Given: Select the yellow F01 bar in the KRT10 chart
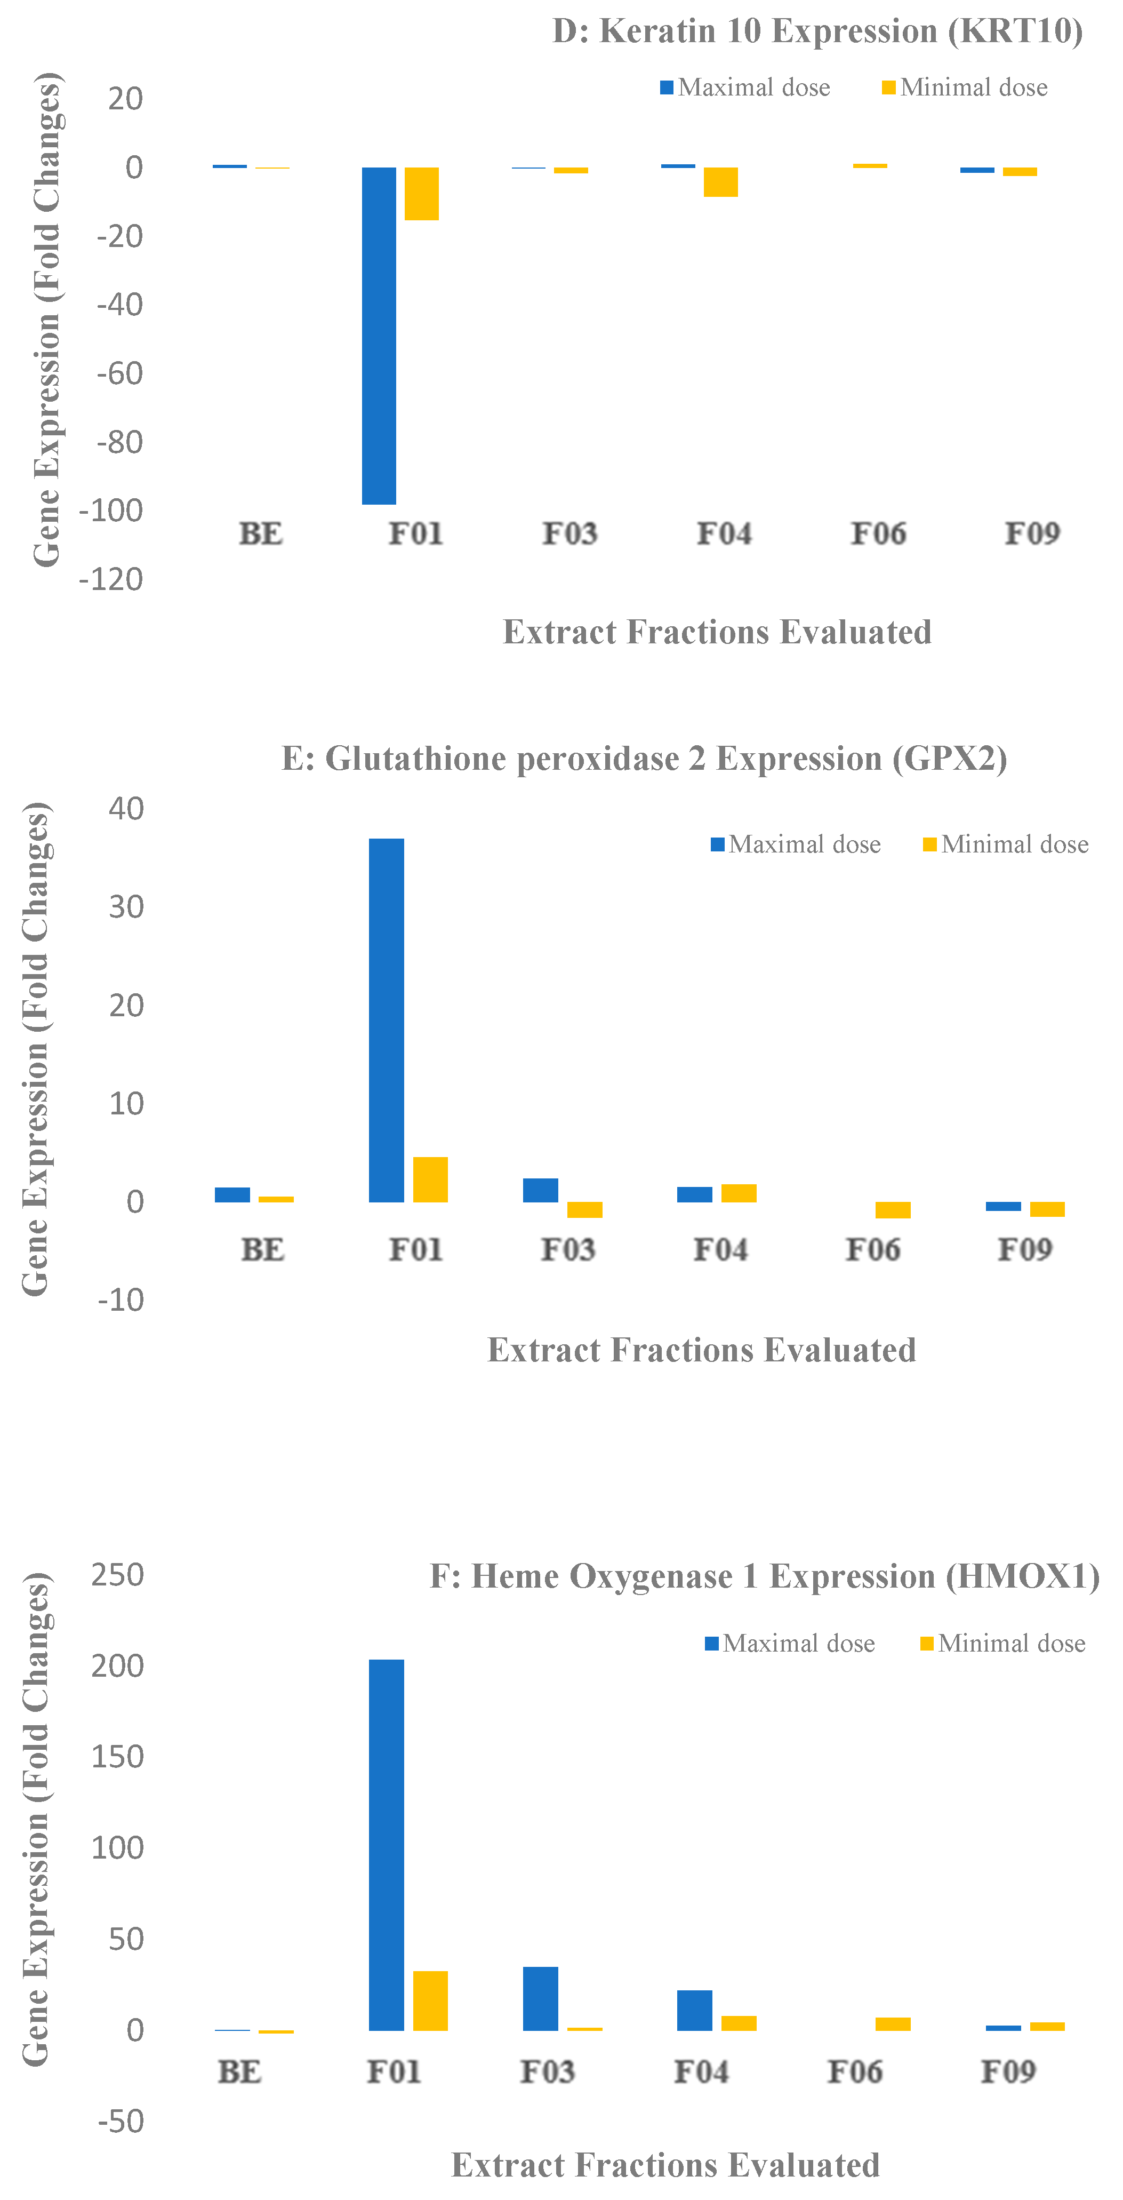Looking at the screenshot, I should click(x=421, y=194).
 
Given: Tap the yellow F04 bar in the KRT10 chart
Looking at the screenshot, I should click(x=721, y=182).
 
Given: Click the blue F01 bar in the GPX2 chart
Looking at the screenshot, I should click(x=386, y=1020).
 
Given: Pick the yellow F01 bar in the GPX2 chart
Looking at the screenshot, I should click(x=430, y=1179).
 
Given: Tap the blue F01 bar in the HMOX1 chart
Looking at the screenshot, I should click(x=386, y=1845).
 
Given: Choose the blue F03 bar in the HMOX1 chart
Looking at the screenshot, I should click(x=541, y=1998).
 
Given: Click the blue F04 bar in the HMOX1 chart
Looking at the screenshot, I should click(x=694, y=2011).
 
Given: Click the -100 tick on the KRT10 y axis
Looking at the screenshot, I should click(x=111, y=511).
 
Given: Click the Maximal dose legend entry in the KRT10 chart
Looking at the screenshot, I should click(x=745, y=87).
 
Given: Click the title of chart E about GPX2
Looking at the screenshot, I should click(x=644, y=759).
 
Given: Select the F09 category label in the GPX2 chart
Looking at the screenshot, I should click(x=1025, y=1249).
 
